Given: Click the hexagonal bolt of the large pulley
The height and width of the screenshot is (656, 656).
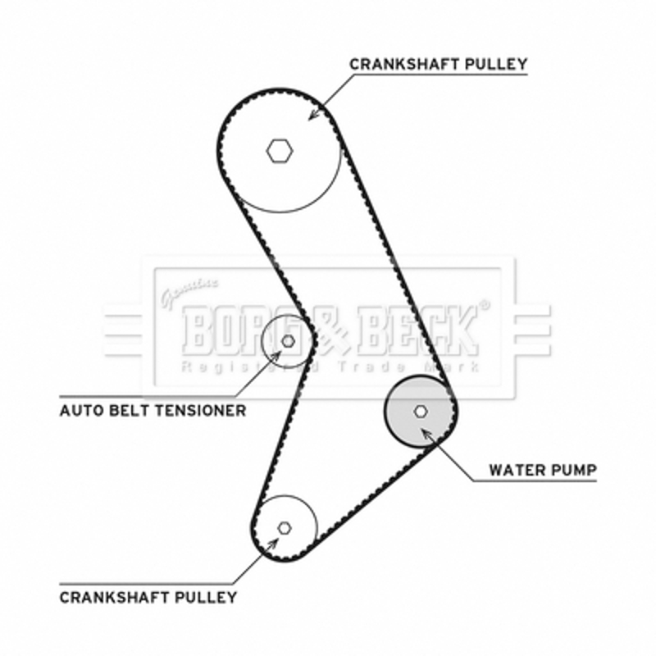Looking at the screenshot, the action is [280, 151].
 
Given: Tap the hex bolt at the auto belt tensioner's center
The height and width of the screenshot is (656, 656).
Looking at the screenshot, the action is [288, 341].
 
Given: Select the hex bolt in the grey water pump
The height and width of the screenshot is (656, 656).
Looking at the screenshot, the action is [421, 412].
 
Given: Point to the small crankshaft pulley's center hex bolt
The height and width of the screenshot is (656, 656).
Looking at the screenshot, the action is [285, 528].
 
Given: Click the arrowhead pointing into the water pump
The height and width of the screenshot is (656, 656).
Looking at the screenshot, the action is [426, 434].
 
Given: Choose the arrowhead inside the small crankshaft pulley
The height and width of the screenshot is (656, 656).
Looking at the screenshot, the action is [273, 544].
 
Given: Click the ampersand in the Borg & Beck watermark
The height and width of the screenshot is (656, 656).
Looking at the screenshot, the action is [330, 331].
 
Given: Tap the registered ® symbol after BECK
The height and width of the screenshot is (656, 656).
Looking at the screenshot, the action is [484, 305].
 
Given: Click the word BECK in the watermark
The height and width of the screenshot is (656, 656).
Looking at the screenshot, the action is [418, 331].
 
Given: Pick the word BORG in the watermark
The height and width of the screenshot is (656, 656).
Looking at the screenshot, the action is [244, 331].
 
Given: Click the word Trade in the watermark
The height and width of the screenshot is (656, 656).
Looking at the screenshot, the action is [371, 367].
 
